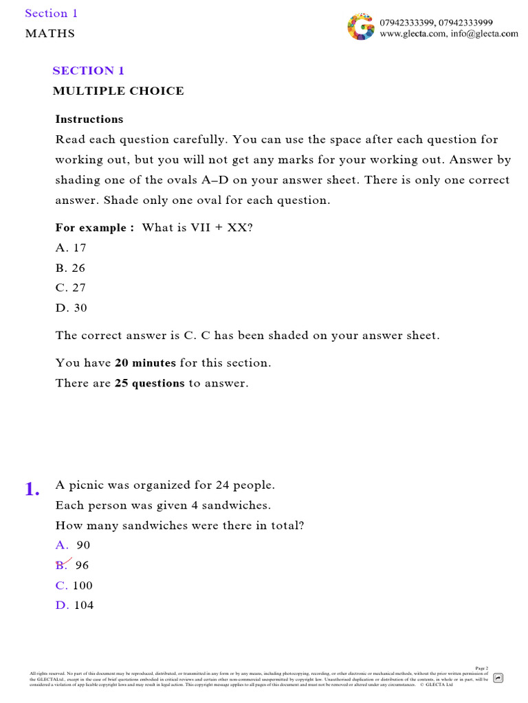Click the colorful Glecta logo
362,27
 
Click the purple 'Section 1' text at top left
52,14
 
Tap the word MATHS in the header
50,34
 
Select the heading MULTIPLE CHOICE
118,91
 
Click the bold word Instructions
89,119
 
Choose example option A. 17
71,248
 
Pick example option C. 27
71,288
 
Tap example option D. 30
71,308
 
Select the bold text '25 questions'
149,384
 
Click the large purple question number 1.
32,489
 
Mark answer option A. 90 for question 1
73,545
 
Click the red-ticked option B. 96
72,565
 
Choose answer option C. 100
74,586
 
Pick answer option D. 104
74,606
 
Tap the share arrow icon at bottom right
498,678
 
